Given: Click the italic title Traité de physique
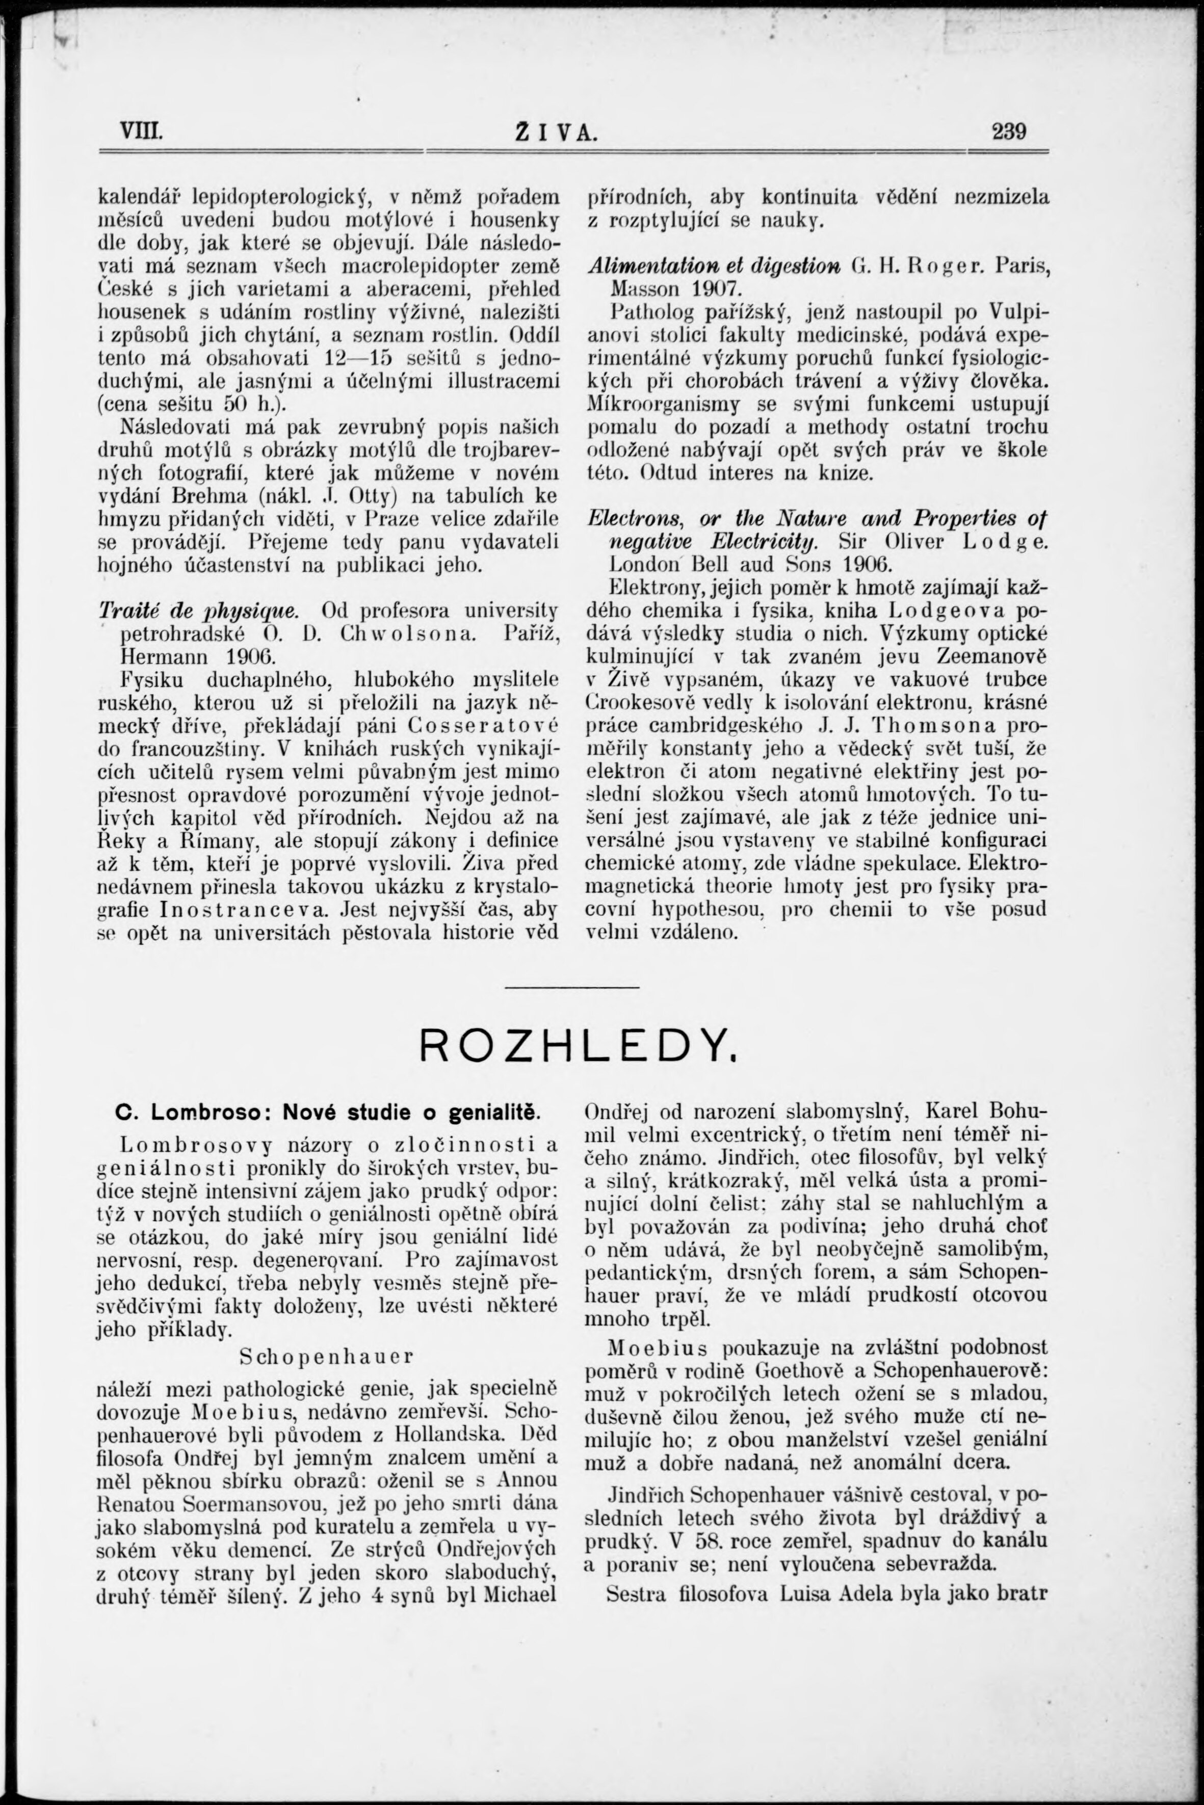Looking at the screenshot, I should pos(198,611).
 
